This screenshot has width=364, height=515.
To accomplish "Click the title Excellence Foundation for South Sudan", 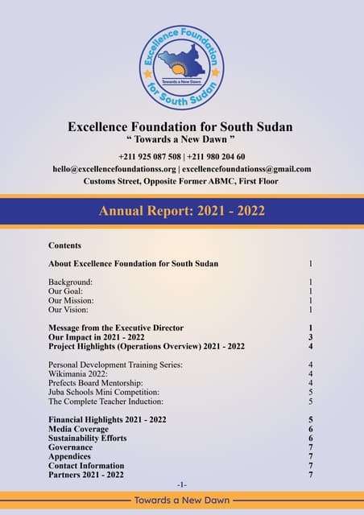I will point(180,126).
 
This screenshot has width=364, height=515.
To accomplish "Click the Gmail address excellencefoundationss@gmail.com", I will point(246,169).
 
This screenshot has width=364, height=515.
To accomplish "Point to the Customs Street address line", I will point(181,181).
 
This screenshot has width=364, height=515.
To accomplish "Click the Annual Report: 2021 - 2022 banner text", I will point(181,212).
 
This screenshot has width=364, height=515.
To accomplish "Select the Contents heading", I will point(64,245).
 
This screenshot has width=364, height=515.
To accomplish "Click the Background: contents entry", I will point(70,282).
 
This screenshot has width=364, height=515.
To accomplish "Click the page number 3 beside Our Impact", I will point(310,337).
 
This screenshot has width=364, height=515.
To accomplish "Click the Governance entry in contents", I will point(70,447).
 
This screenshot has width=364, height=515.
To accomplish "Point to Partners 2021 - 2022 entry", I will point(86,475).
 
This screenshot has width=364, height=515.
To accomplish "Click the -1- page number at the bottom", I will point(182,484).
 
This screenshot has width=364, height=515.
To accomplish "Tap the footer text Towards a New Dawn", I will point(181,500).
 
